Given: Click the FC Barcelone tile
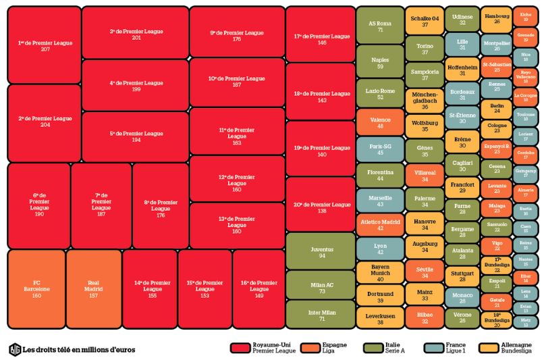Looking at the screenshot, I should point(36,288).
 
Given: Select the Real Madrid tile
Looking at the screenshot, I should point(94,288).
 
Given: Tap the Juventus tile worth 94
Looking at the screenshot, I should point(321,251).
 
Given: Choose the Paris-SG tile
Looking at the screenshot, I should point(380,149).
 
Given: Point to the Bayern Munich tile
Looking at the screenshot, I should point(380,272).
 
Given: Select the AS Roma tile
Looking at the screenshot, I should point(380,25).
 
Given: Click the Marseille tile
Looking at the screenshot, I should point(380,200).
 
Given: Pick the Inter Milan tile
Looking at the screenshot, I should point(321,314).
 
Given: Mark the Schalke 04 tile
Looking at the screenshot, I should point(425,20).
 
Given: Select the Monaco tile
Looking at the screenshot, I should point(462,297).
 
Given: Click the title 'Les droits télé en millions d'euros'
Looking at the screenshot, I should point(79,349).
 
